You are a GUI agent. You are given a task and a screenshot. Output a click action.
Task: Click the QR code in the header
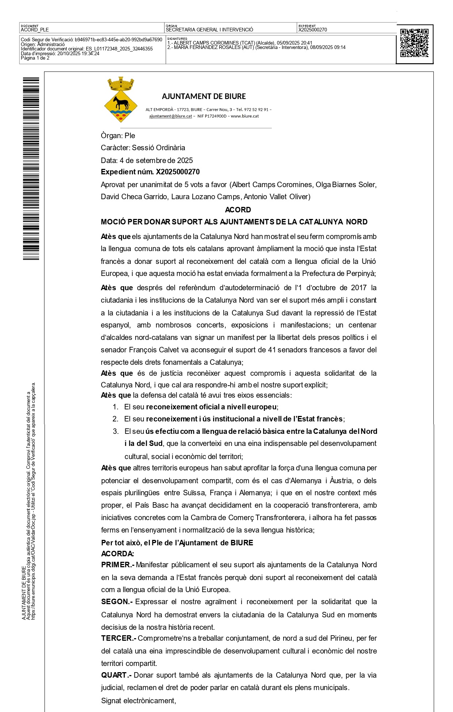[414, 43]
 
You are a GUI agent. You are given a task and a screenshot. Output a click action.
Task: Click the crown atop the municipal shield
[121, 84]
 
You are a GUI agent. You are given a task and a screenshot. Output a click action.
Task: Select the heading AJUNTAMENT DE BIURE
[204, 96]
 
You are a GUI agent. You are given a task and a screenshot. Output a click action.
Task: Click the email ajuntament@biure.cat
[170, 116]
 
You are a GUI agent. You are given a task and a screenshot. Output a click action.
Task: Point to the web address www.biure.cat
[245, 116]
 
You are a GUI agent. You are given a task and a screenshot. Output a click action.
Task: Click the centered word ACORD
[238, 210]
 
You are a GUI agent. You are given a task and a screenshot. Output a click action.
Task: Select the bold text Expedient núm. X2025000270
[150, 172]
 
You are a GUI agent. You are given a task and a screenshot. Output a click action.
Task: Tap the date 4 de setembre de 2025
[156, 160]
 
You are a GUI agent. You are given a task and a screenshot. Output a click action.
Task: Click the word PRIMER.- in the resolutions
[118, 565]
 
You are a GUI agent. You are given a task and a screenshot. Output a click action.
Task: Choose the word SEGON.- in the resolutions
[117, 602]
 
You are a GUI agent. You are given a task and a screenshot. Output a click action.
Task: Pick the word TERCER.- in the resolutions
[119, 638]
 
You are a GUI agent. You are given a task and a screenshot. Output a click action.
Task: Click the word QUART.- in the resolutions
[116, 675]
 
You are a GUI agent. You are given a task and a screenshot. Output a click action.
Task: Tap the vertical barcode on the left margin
[31, 168]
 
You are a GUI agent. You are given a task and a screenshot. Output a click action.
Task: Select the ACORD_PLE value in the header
[35, 30]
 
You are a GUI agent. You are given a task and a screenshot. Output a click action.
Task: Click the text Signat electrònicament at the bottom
[138, 701]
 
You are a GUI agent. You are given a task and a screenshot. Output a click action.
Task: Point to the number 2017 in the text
[359, 288]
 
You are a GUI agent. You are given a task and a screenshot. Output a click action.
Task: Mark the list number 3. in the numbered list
[116, 431]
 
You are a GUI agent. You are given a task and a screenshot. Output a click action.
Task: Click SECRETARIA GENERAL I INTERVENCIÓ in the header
[209, 30]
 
